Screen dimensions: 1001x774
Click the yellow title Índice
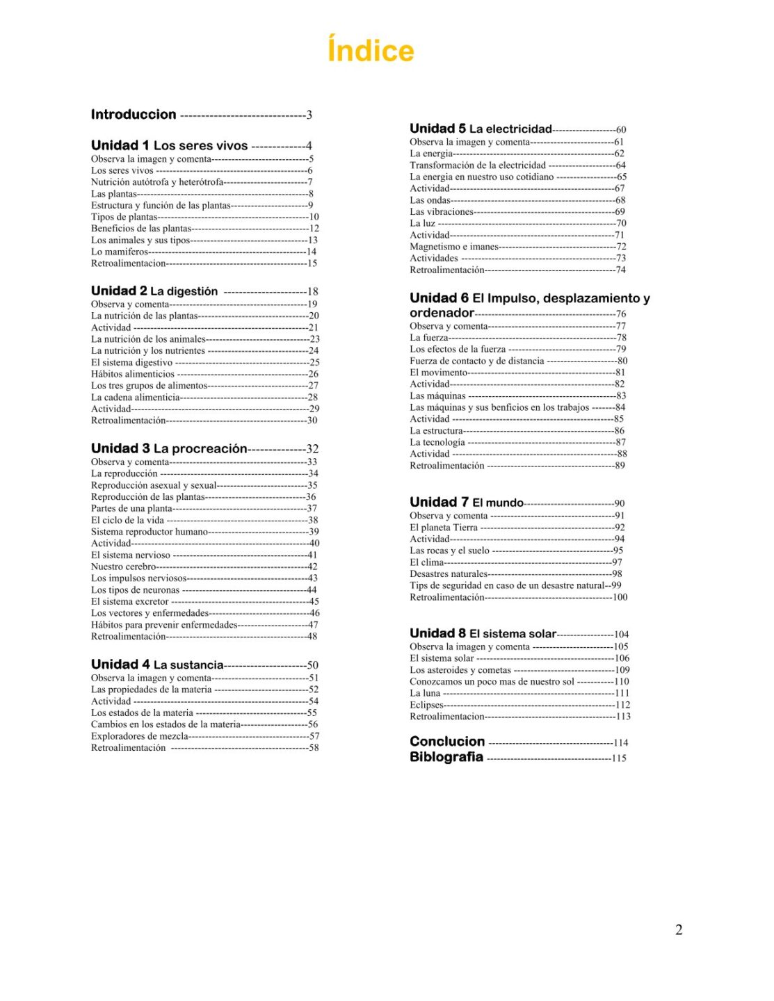(x=371, y=51)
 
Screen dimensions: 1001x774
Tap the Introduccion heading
(x=134, y=115)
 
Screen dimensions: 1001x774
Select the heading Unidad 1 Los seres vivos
(x=169, y=145)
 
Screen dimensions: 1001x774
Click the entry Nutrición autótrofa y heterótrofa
(x=157, y=182)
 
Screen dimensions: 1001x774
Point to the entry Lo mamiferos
(x=120, y=252)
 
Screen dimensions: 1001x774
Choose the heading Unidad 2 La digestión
(x=154, y=291)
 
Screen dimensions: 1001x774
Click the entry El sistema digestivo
(x=131, y=362)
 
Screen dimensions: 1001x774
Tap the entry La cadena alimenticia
(x=136, y=398)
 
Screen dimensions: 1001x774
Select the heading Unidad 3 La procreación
(x=169, y=448)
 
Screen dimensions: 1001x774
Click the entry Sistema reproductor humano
(x=150, y=532)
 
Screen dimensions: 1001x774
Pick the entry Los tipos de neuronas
(x=135, y=590)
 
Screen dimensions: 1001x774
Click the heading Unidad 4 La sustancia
(x=157, y=665)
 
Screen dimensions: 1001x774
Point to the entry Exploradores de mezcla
(x=140, y=736)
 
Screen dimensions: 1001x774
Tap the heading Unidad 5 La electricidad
(x=481, y=129)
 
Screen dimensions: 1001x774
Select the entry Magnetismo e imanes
(x=454, y=247)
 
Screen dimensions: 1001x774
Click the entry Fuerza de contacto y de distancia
(x=477, y=361)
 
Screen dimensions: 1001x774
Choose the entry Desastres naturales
(x=449, y=574)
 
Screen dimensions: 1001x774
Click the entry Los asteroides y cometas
(x=460, y=670)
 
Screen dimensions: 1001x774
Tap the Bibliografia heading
(x=446, y=757)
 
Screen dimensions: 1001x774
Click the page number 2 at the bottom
(x=679, y=930)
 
